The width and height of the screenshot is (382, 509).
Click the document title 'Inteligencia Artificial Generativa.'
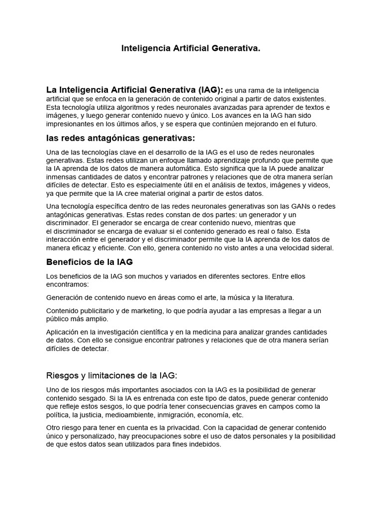click(191, 49)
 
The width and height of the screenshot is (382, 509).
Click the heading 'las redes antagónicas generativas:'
click(120, 138)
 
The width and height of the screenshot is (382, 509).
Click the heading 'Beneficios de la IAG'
click(90, 262)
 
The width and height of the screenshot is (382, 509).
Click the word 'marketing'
click(145, 311)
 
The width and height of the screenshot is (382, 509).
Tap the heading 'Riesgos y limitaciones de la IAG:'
click(111, 375)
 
